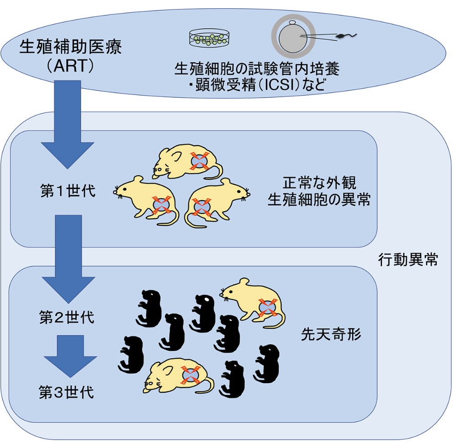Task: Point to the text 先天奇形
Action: pyautogui.click(x=331, y=335)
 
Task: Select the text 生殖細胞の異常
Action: pyautogui.click(x=319, y=200)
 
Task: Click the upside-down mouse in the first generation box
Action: pyautogui.click(x=187, y=162)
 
